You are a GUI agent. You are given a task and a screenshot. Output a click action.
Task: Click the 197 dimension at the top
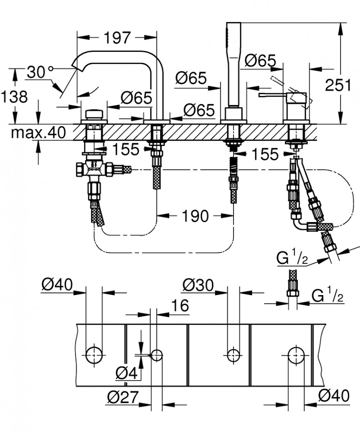(x=118, y=38)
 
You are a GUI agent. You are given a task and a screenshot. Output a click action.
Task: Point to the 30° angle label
(x=40, y=72)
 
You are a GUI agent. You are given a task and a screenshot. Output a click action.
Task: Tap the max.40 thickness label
(x=39, y=132)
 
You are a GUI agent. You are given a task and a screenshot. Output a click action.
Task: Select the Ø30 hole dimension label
(x=198, y=285)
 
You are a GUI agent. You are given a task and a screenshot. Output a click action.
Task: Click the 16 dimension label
(x=180, y=305)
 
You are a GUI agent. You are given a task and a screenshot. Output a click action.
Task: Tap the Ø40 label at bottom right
(x=333, y=396)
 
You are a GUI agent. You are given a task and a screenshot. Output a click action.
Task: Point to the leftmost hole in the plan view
(x=94, y=355)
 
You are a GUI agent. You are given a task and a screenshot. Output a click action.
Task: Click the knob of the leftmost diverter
(x=94, y=114)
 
